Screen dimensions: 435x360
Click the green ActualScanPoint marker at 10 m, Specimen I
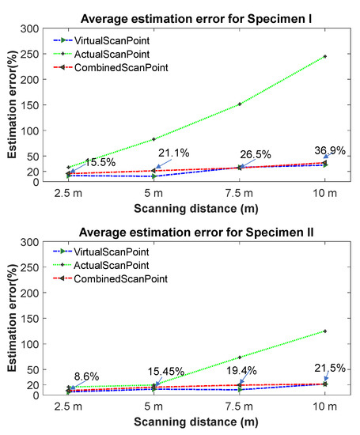325,57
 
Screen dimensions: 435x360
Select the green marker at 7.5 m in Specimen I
240,104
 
